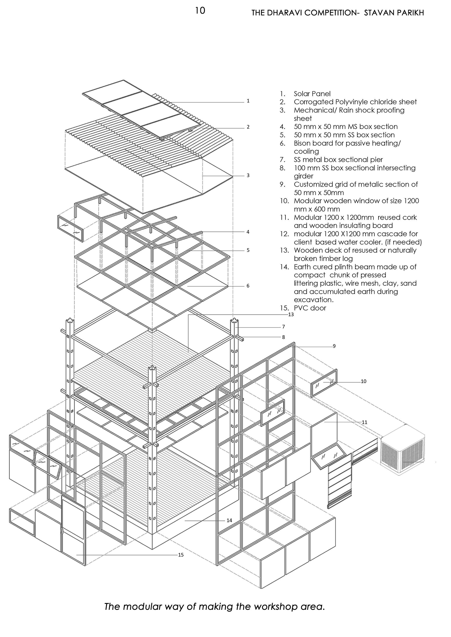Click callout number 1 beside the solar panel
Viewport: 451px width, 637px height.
[248, 101]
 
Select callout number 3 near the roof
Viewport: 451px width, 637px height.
[248, 175]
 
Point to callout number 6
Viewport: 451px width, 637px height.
[248, 286]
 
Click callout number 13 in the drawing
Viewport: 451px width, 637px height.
[291, 315]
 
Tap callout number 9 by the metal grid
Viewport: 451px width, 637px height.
[334, 346]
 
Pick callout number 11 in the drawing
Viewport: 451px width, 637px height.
[364, 422]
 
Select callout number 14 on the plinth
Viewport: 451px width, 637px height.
[229, 520]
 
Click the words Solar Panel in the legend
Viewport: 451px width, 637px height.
[312, 94]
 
